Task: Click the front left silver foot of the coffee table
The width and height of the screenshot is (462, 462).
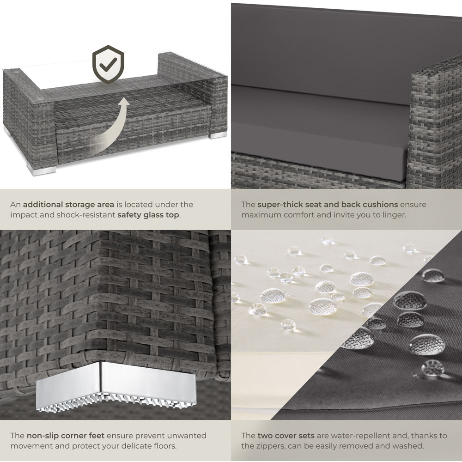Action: [42, 170]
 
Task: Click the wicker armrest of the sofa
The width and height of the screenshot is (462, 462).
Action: [435, 124]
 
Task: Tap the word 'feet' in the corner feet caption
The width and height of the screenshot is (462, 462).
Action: [97, 436]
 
